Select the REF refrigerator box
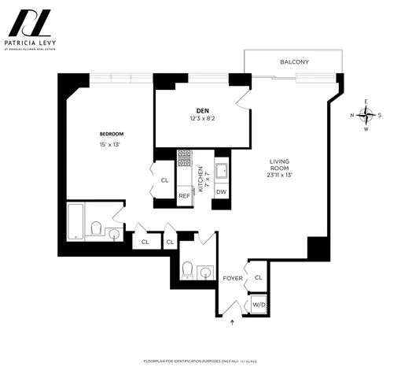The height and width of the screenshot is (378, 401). coord(184,195)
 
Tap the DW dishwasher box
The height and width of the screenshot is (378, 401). coord(221,191)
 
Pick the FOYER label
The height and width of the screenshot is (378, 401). coord(233,278)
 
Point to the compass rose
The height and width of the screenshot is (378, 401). coord(366,115)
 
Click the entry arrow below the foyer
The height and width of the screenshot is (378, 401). coord(232,321)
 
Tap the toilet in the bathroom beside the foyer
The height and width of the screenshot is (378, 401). coord(187,270)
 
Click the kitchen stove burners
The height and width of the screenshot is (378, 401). coord(185,158)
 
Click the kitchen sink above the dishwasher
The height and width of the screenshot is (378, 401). coord(221,168)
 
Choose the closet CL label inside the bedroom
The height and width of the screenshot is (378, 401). coord(164,180)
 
